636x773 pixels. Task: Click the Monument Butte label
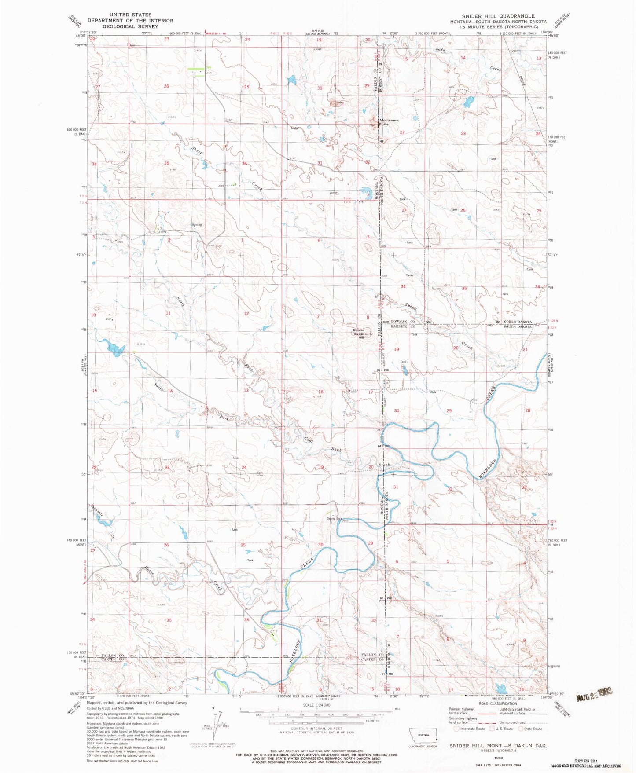tap(389, 122)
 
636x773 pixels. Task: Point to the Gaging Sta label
tap(335, 518)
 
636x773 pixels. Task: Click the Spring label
tap(196, 225)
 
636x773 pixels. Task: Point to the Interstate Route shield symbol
tap(456, 729)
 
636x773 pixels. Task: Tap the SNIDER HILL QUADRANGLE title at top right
tap(498, 16)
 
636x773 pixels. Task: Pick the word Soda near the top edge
tap(441, 50)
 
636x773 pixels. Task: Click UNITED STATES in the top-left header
tap(130, 15)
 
